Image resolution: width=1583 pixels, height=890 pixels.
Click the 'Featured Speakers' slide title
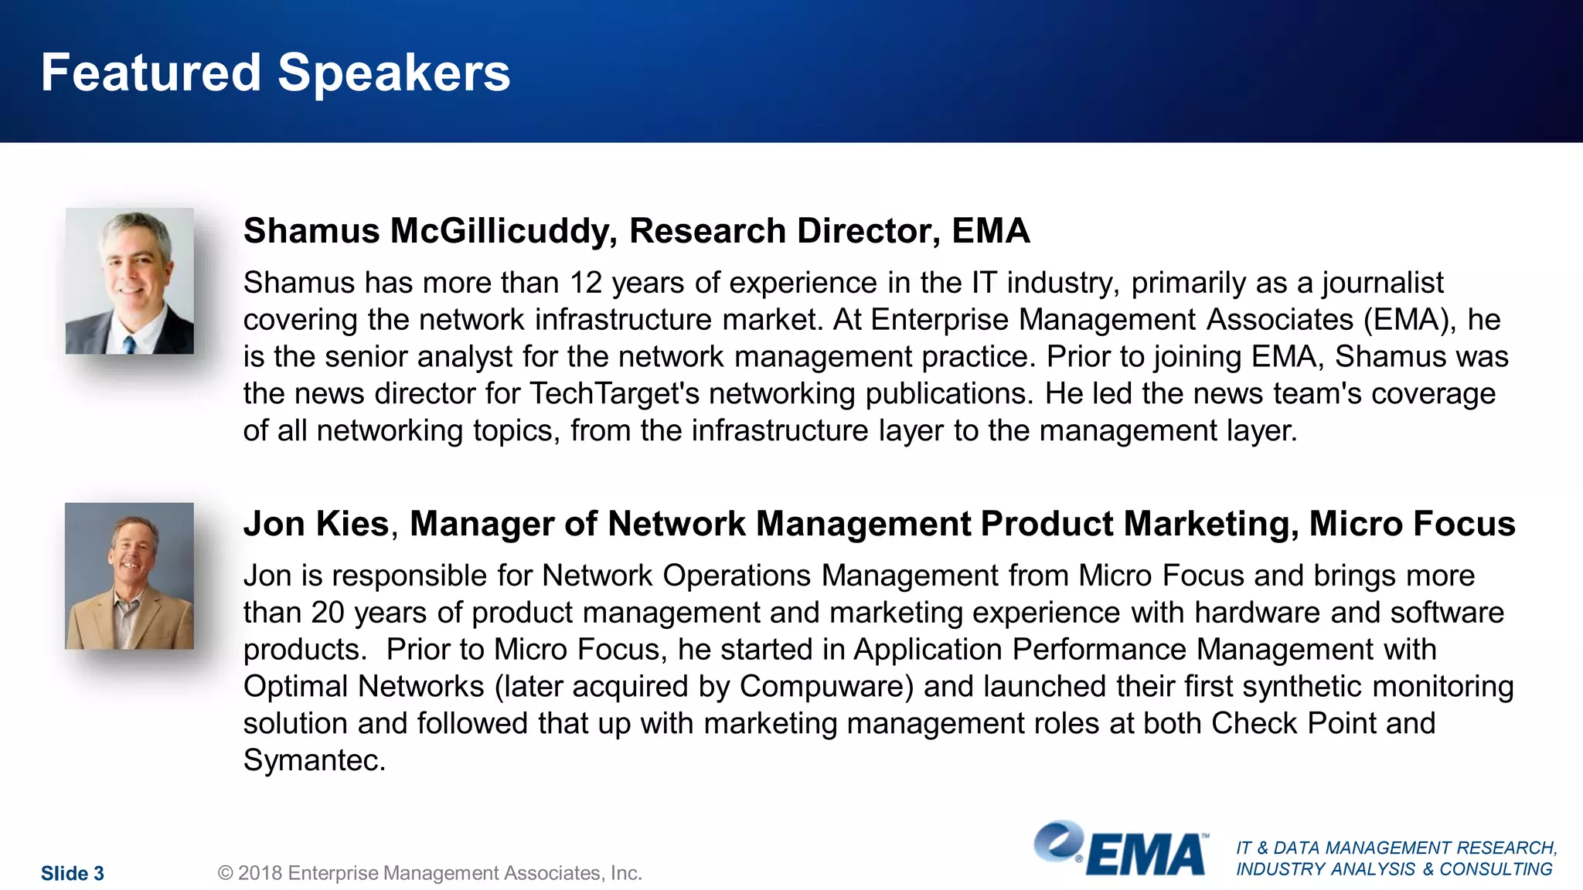[275, 73]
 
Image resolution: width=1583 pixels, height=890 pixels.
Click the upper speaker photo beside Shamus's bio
[130, 280]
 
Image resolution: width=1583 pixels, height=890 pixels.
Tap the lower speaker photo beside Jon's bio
[129, 576]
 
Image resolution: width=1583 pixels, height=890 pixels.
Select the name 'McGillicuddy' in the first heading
[503, 231]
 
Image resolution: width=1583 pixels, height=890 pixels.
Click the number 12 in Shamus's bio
[585, 283]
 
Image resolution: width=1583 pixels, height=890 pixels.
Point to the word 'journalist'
[1382, 283]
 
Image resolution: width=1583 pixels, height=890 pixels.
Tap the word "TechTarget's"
[614, 394]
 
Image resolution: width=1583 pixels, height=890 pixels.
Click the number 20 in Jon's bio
[328, 613]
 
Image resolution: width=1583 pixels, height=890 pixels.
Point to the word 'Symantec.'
[314, 760]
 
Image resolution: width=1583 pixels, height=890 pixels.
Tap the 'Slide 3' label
[73, 873]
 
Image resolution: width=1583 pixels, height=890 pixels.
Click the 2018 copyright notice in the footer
[430, 873]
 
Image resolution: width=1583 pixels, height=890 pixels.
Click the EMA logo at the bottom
[1121, 850]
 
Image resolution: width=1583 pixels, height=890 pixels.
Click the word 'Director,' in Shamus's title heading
[869, 231]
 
